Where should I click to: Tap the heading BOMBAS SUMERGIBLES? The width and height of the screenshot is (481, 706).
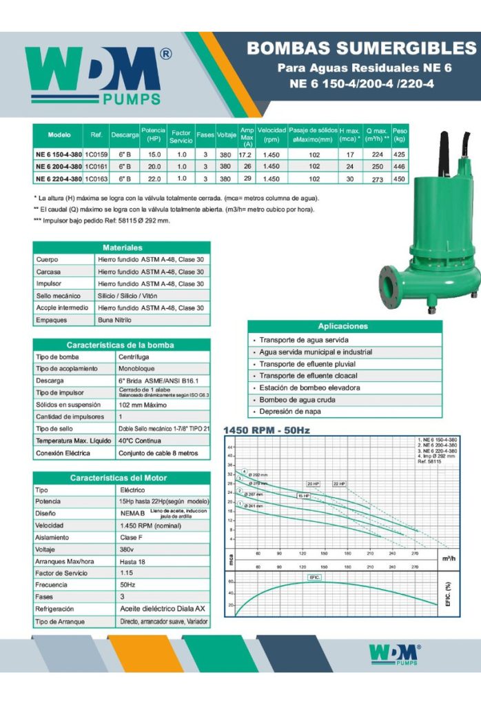click(361, 48)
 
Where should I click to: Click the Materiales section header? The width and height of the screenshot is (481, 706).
click(121, 248)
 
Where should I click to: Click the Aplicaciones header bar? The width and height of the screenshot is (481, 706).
click(343, 326)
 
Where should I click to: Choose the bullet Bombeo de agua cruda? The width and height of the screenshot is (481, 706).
click(297, 400)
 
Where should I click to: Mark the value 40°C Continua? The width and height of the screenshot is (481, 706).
click(141, 441)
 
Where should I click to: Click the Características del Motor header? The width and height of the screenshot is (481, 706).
click(121, 478)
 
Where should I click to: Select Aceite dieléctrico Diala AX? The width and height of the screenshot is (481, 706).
click(162, 609)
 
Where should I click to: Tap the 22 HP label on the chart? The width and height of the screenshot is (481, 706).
click(339, 484)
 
